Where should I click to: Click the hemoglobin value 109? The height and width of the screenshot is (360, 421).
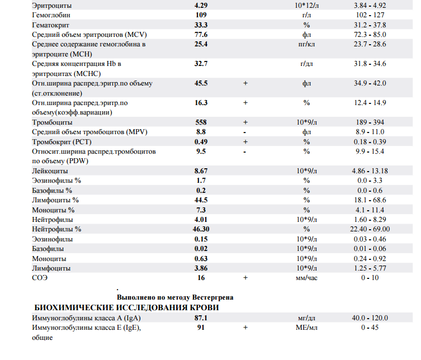pyautogui.click(x=201, y=15)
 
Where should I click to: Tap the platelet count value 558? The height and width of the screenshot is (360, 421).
pyautogui.click(x=201, y=122)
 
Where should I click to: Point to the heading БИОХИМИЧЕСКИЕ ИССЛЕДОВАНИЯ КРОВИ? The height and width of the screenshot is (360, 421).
pyautogui.click(x=126, y=308)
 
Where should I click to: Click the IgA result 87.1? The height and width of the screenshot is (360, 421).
pyautogui.click(x=201, y=318)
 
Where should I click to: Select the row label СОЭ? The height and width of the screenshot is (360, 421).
pyautogui.click(x=40, y=278)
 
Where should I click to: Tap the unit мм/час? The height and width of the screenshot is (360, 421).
pyautogui.click(x=306, y=278)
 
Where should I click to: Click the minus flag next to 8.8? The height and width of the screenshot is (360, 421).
pyautogui.click(x=245, y=132)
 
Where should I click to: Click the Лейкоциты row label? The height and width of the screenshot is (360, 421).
pyautogui.click(x=50, y=170)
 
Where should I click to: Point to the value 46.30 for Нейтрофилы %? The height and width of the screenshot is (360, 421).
pyautogui.click(x=201, y=229)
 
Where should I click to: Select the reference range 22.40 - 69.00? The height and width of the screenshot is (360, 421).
pyautogui.click(x=370, y=229)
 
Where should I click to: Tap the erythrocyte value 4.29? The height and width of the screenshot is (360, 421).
pyautogui.click(x=201, y=5)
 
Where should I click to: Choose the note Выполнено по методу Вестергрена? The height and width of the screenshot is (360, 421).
pyautogui.click(x=175, y=297)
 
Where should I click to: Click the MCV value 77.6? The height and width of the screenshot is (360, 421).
pyautogui.click(x=201, y=35)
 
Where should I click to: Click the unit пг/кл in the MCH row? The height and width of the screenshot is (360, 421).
pyautogui.click(x=306, y=44)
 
